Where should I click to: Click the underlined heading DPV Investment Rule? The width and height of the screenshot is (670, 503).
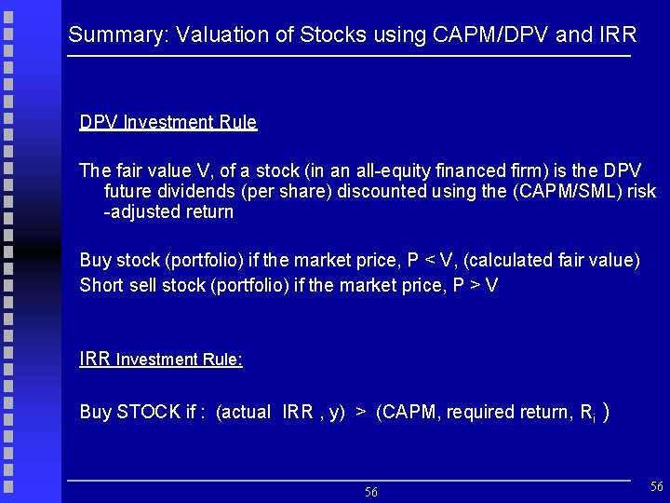[167, 122]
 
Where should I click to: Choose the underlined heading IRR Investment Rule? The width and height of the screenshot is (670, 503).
[161, 359]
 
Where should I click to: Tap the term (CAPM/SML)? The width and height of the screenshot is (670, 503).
[560, 191]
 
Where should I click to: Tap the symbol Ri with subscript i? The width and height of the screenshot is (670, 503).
[586, 413]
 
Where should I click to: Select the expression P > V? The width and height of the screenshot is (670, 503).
[474, 285]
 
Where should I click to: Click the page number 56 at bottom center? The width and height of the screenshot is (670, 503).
[370, 492]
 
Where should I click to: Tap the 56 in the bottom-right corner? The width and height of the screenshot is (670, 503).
[656, 486]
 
